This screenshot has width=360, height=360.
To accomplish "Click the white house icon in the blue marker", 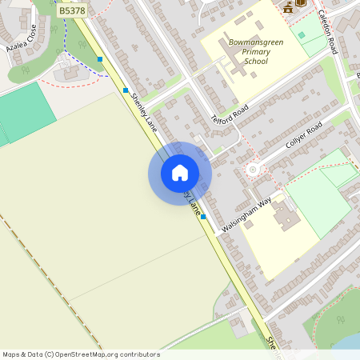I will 180,173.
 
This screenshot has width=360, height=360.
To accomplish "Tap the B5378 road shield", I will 73,12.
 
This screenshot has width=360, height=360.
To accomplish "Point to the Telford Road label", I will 230,115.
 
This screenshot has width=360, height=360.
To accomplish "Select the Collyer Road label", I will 303,137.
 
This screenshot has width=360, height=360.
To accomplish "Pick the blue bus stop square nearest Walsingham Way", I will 203,216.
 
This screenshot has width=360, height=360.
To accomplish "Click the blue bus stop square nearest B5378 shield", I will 100,59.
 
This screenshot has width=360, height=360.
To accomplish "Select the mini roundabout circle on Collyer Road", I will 254,169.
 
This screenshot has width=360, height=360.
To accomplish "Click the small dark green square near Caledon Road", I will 301,35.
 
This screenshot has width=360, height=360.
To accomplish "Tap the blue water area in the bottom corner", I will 350,342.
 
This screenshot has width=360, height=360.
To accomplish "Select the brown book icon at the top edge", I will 301,3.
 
